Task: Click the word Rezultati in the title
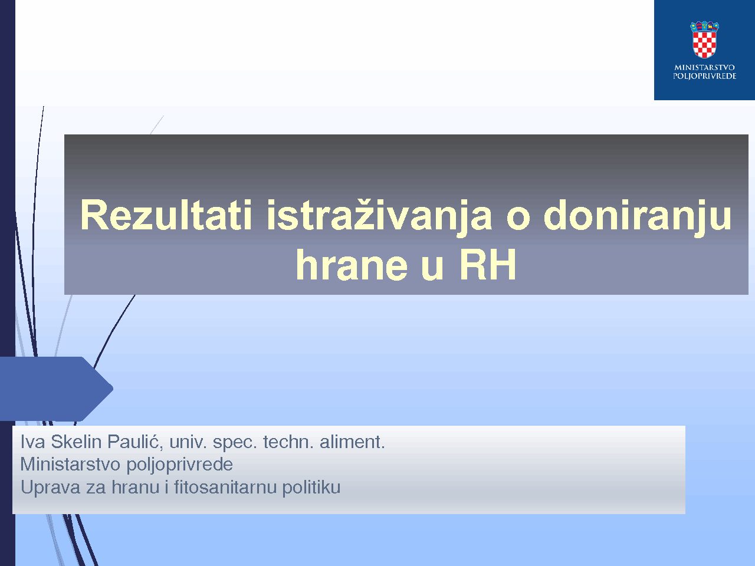click(166, 215)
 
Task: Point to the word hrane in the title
click(352, 264)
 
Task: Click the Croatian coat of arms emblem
click(704, 40)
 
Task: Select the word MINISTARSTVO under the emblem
click(704, 67)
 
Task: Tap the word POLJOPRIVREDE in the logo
click(704, 76)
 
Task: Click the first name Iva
click(32, 442)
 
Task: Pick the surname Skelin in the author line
click(76, 442)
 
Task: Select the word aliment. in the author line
click(352, 442)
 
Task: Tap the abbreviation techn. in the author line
click(288, 442)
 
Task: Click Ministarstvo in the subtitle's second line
click(70, 464)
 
